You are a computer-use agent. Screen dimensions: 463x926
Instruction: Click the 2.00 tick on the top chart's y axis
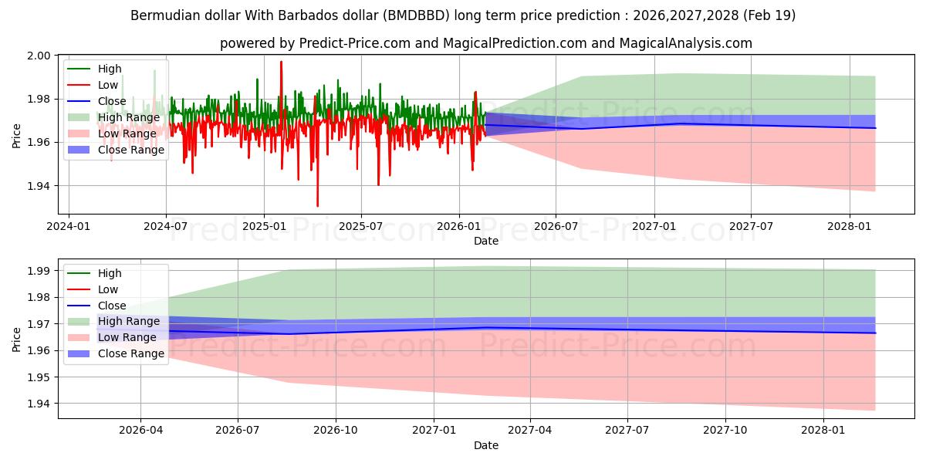[x=40, y=56]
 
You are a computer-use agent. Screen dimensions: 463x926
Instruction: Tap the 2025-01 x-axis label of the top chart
[x=264, y=227]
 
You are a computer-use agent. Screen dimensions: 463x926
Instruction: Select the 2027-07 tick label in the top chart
[x=752, y=227]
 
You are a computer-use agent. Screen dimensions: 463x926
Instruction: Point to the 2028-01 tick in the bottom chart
[x=824, y=431]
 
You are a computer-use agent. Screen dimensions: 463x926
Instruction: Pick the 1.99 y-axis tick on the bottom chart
[x=40, y=271]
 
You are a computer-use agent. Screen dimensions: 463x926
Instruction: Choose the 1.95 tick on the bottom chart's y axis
[x=40, y=377]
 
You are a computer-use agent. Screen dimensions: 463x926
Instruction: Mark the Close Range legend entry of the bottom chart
[x=131, y=353]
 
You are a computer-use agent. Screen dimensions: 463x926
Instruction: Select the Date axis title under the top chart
[x=486, y=241]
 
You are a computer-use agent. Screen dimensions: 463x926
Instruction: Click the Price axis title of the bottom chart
[x=17, y=339]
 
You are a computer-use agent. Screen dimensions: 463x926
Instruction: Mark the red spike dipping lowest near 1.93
[x=317, y=205]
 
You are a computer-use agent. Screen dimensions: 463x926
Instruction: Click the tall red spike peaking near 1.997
[x=281, y=62]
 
